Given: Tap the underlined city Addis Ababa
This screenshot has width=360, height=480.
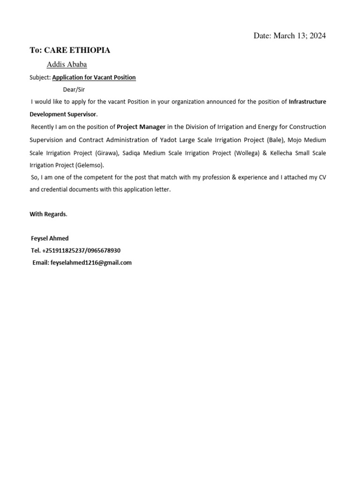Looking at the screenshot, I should coord(67,65).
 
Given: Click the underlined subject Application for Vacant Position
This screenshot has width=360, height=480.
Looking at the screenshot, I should coord(94,77).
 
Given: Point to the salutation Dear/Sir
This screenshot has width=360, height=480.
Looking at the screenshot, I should coord(74,90).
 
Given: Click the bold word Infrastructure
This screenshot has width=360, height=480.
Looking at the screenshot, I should coord(307,102).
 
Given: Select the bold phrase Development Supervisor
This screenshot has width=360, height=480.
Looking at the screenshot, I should coord(63,114).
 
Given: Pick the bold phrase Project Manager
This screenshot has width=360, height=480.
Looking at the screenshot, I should coord(141,127).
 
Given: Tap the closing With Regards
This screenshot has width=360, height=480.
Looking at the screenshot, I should coord(48,214).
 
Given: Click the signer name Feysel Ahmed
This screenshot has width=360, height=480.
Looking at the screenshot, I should coord(50,238).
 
